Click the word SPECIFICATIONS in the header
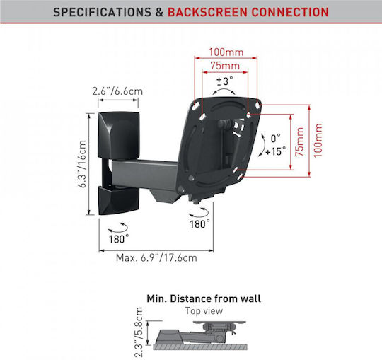pyautogui.click(x=102, y=12)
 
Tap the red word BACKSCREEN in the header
pyautogui.click(x=207, y=12)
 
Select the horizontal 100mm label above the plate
pyautogui.click(x=226, y=52)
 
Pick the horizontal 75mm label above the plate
pyautogui.click(x=225, y=66)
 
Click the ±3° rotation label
pyautogui.click(x=225, y=81)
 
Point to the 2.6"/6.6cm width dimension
pyautogui.click(x=117, y=91)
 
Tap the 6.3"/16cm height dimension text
pyautogui.click(x=82, y=163)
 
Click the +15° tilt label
pyautogui.click(x=276, y=151)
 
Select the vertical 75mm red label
pyautogui.click(x=300, y=141)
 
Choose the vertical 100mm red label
pyautogui.click(x=318, y=141)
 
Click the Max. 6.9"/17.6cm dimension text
pyautogui.click(x=156, y=257)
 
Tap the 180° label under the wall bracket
pyautogui.click(x=119, y=239)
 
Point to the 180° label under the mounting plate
pyautogui.click(x=199, y=223)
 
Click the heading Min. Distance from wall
pyautogui.click(x=204, y=298)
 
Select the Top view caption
pyautogui.click(x=204, y=310)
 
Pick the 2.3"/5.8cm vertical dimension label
pyautogui.click(x=138, y=332)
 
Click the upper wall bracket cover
pyautogui.click(x=119, y=135)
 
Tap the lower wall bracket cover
pyautogui.click(x=119, y=200)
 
